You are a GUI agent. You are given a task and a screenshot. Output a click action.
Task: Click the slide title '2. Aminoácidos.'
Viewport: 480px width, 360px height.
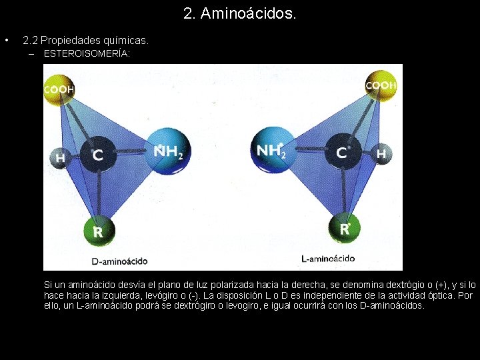point(239,13)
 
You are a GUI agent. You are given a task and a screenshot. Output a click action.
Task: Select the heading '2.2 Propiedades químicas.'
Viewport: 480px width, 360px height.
point(85,41)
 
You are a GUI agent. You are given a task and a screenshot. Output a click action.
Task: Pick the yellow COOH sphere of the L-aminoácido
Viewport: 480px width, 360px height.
point(381,85)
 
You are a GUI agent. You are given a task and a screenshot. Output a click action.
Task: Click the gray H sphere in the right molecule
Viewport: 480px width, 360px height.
point(381,154)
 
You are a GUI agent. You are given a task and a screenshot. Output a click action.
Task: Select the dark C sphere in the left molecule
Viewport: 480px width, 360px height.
point(97,155)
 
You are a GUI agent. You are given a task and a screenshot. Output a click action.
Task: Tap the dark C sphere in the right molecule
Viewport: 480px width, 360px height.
point(341,153)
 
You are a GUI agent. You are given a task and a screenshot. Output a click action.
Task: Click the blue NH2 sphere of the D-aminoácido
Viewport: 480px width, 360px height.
point(168,152)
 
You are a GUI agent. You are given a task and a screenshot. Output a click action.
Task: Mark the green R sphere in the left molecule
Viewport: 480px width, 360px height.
point(98,231)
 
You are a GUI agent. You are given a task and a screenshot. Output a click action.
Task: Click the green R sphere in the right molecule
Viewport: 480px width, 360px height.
point(345,229)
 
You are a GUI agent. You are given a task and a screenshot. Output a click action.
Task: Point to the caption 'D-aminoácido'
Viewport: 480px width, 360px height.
point(119,261)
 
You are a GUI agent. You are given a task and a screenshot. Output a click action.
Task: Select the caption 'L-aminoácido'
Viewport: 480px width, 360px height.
point(328,259)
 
